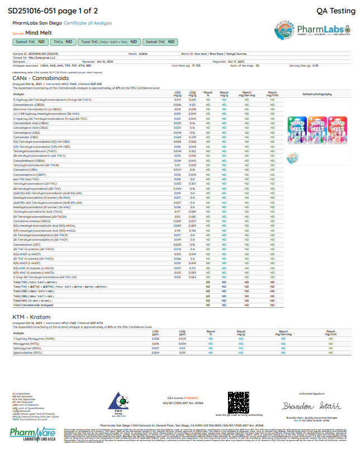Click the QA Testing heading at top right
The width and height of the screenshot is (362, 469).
(x=335, y=11)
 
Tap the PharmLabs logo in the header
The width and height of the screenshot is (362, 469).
(x=312, y=30)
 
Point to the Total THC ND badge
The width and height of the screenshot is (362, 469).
(x=109, y=42)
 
